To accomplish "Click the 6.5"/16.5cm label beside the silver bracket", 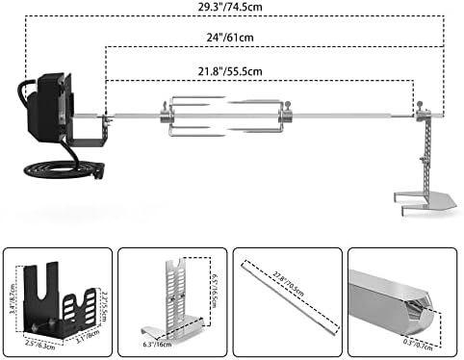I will tap(213, 284).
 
